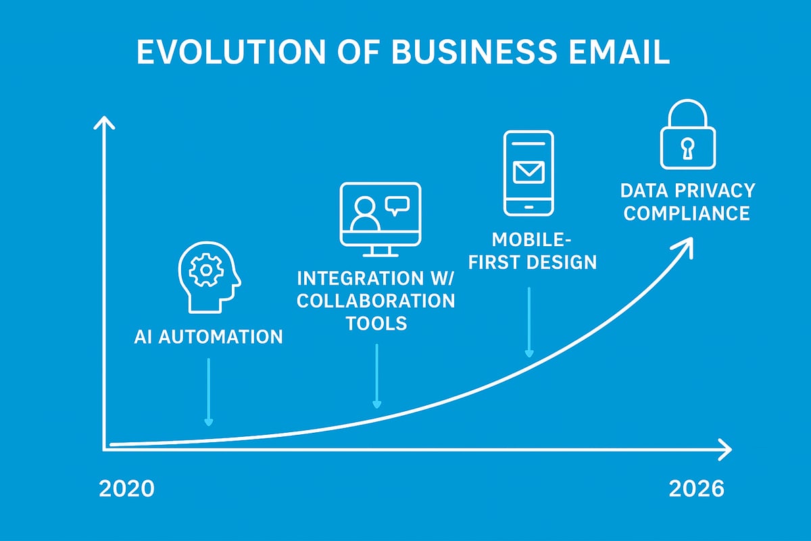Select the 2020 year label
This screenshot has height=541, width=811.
tap(126, 489)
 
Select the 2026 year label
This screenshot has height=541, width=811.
tap(696, 489)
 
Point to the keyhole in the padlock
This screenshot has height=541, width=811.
tap(687, 147)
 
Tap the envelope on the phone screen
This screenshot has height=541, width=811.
tap(529, 172)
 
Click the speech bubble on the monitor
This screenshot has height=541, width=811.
tap(396, 204)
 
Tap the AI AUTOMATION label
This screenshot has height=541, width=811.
tap(208, 336)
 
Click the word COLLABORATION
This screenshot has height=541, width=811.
tap(376, 300)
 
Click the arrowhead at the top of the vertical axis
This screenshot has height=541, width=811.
tap(103, 124)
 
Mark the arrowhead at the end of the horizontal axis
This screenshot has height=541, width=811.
tap(725, 448)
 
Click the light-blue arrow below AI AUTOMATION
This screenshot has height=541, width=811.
tap(209, 392)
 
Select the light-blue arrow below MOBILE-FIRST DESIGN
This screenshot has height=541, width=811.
tap(529, 322)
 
